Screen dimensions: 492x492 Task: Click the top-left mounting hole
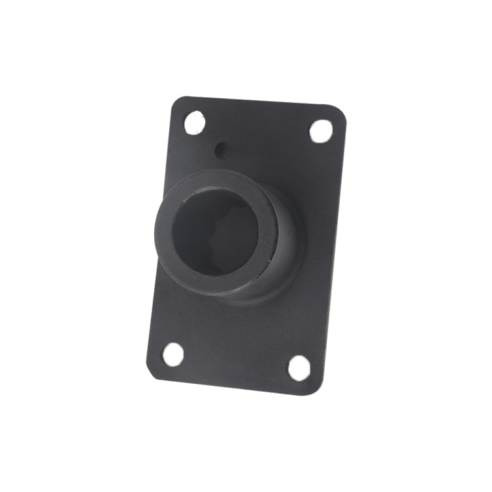point(194,122)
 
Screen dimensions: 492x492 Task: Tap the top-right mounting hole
point(321,131)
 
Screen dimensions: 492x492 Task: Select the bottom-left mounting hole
point(173,354)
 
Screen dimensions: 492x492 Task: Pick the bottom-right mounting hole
point(298,367)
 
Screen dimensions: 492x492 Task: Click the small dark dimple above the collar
point(223,150)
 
